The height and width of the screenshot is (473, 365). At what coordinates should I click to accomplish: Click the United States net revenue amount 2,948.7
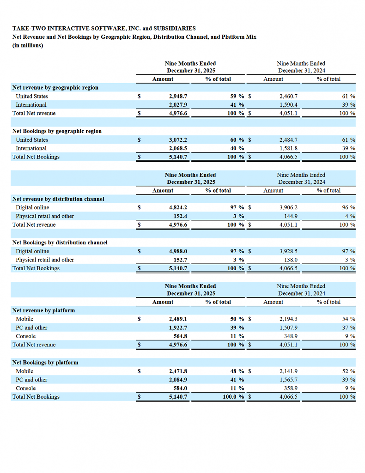(178, 96)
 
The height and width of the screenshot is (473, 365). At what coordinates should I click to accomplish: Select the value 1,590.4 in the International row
(288, 105)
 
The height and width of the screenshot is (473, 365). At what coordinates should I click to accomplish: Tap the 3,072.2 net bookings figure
(178, 139)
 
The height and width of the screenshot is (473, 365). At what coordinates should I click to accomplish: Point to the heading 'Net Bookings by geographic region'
(57, 131)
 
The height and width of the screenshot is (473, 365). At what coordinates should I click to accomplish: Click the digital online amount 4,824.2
(178, 207)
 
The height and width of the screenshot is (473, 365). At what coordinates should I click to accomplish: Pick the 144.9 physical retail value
(291, 216)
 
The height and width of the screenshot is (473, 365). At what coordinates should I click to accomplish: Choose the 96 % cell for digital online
(349, 207)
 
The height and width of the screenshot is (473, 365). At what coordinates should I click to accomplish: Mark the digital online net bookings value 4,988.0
(178, 251)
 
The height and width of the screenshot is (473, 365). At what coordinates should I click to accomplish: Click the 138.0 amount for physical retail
(291, 260)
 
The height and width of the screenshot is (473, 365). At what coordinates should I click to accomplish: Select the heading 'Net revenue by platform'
(44, 310)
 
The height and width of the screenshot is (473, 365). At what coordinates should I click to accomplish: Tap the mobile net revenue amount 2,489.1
(178, 319)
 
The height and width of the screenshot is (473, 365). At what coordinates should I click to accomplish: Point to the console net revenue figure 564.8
(180, 336)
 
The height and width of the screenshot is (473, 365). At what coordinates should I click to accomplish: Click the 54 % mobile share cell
(349, 319)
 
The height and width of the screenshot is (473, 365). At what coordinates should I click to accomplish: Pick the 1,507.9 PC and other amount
(288, 327)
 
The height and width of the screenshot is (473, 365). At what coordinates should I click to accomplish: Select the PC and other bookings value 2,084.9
(178, 380)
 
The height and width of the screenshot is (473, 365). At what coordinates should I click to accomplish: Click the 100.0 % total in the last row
(233, 397)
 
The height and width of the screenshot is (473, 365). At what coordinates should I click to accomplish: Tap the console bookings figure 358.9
(291, 388)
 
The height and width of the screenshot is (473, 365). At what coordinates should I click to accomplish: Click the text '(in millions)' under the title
(28, 46)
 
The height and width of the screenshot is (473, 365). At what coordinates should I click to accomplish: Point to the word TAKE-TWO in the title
(29, 28)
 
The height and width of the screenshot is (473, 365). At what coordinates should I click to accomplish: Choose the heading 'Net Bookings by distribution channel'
(60, 243)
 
